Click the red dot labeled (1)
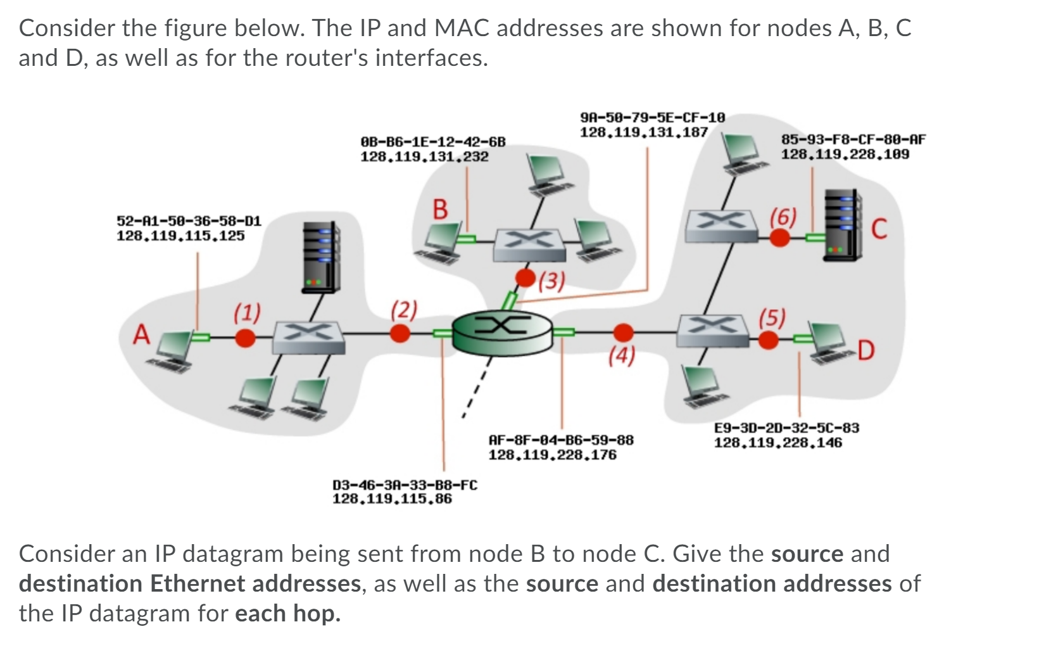[245, 338]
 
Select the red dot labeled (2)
[400, 333]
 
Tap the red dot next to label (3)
[525, 277]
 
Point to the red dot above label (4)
[624, 332]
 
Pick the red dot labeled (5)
[768, 340]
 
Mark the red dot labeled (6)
[779, 238]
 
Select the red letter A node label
[141, 334]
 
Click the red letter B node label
[439, 209]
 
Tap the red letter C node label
[879, 229]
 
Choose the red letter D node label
[865, 350]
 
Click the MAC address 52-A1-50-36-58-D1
[189, 221]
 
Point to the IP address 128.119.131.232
[424, 156]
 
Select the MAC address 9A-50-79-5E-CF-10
[652, 118]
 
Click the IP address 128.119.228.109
[845, 154]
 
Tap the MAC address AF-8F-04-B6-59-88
[561, 440]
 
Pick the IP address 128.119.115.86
[392, 499]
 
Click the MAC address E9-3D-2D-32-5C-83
[786, 428]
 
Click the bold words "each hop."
[287, 613]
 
